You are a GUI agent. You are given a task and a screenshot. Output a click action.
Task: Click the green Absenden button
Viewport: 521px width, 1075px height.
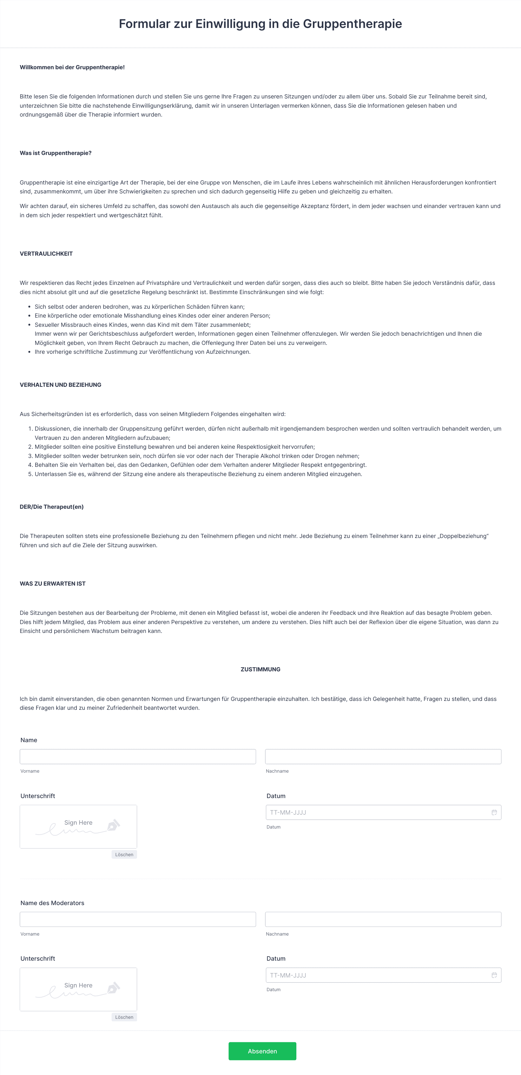[x=262, y=1051]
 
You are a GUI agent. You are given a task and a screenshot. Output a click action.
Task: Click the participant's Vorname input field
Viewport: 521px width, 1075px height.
[x=137, y=756]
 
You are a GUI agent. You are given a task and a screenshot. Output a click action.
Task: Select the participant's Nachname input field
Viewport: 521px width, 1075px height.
[x=383, y=756]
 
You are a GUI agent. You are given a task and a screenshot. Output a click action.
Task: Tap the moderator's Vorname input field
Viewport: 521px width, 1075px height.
[x=137, y=919]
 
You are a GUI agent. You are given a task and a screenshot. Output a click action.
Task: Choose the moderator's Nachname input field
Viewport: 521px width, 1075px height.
[x=383, y=919]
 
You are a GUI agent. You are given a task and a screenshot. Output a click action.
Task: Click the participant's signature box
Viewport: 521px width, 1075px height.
[x=78, y=826]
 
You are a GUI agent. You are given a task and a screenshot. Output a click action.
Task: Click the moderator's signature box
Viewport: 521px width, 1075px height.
[x=78, y=989]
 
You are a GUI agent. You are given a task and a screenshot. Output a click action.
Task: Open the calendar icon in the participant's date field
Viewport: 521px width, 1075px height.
[x=494, y=812]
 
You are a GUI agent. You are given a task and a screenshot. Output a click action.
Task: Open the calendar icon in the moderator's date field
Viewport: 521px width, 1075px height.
[x=494, y=975]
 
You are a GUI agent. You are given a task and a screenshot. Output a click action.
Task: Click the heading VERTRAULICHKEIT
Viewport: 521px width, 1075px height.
[x=46, y=254]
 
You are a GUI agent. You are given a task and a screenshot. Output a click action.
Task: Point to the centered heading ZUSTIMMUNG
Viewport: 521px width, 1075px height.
[x=260, y=669]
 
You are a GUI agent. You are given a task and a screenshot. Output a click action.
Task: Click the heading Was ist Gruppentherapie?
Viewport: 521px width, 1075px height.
[x=56, y=153]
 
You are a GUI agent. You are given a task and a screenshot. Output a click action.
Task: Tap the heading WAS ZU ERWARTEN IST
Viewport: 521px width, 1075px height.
[x=53, y=583]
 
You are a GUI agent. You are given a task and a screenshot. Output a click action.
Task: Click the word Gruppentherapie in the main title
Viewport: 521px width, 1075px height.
[x=352, y=24]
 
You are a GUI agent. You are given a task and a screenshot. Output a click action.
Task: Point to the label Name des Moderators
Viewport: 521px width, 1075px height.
[x=52, y=903]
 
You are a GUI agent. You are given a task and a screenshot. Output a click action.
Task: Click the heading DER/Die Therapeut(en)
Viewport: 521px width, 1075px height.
[x=52, y=507]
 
